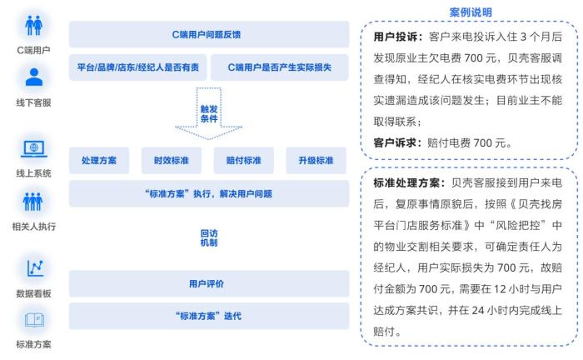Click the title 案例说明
pyautogui.click(x=471, y=12)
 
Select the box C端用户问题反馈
pyautogui.click(x=209, y=34)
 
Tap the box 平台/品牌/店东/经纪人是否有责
pyautogui.click(x=137, y=67)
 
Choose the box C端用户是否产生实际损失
pyautogui.click(x=280, y=67)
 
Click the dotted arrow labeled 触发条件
pyautogui.click(x=208, y=113)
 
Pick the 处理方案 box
pyautogui.click(x=99, y=160)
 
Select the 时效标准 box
pyautogui.click(x=171, y=160)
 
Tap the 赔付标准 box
pyautogui.click(x=243, y=160)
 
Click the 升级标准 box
pyautogui.click(x=316, y=160)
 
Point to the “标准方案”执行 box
pyautogui.click(x=209, y=193)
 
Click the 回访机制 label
pyautogui.click(x=208, y=238)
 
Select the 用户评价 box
pyautogui.click(x=209, y=284)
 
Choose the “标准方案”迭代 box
pyautogui.click(x=209, y=316)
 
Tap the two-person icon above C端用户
pyautogui.click(x=34, y=25)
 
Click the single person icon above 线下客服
pyautogui.click(x=34, y=77)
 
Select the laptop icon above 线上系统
pyautogui.click(x=34, y=149)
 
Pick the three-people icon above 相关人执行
pyautogui.click(x=33, y=202)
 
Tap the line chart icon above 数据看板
pyautogui.click(x=35, y=268)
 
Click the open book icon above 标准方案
pyautogui.click(x=35, y=320)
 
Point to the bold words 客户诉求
pyautogui.click(x=395, y=142)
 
